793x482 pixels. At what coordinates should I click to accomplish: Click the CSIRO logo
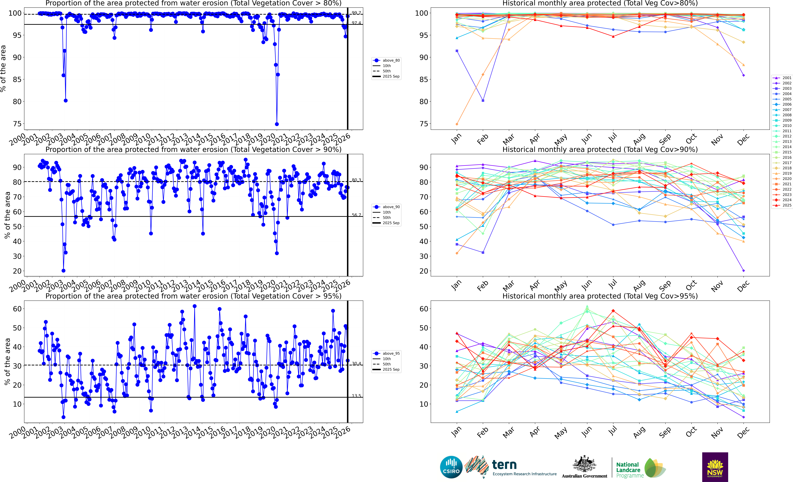click(451, 467)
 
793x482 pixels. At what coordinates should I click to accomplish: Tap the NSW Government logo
click(715, 467)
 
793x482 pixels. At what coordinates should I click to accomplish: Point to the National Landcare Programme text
click(630, 470)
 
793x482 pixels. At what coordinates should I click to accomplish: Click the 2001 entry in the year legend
click(782, 78)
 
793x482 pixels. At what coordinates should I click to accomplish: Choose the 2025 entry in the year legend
click(782, 205)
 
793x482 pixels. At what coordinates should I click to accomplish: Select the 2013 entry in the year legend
click(782, 141)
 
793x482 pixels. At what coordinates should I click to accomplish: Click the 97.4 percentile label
click(356, 23)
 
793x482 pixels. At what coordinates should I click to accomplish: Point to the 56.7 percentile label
click(356, 215)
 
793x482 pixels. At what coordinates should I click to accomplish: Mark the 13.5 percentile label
click(356, 396)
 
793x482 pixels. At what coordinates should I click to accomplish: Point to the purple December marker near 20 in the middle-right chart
click(743, 271)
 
